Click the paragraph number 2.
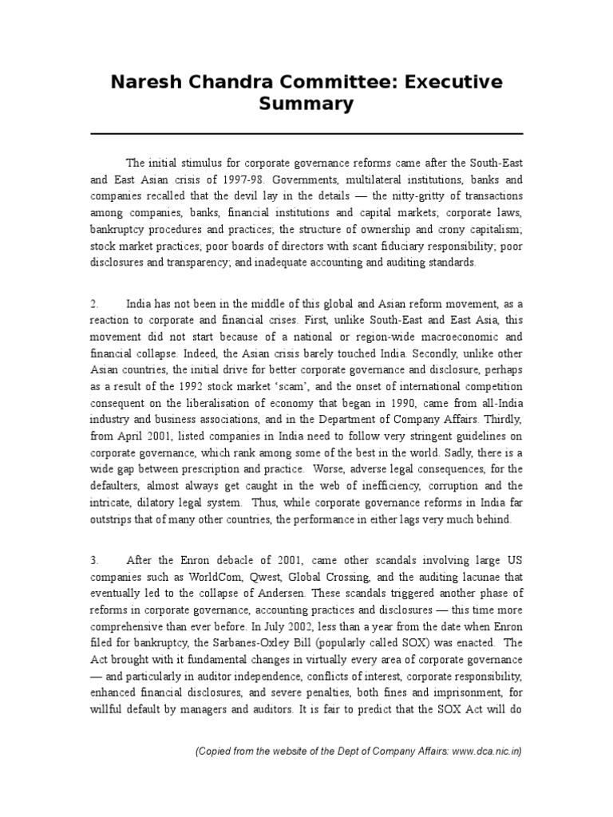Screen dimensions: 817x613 tap(93, 305)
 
